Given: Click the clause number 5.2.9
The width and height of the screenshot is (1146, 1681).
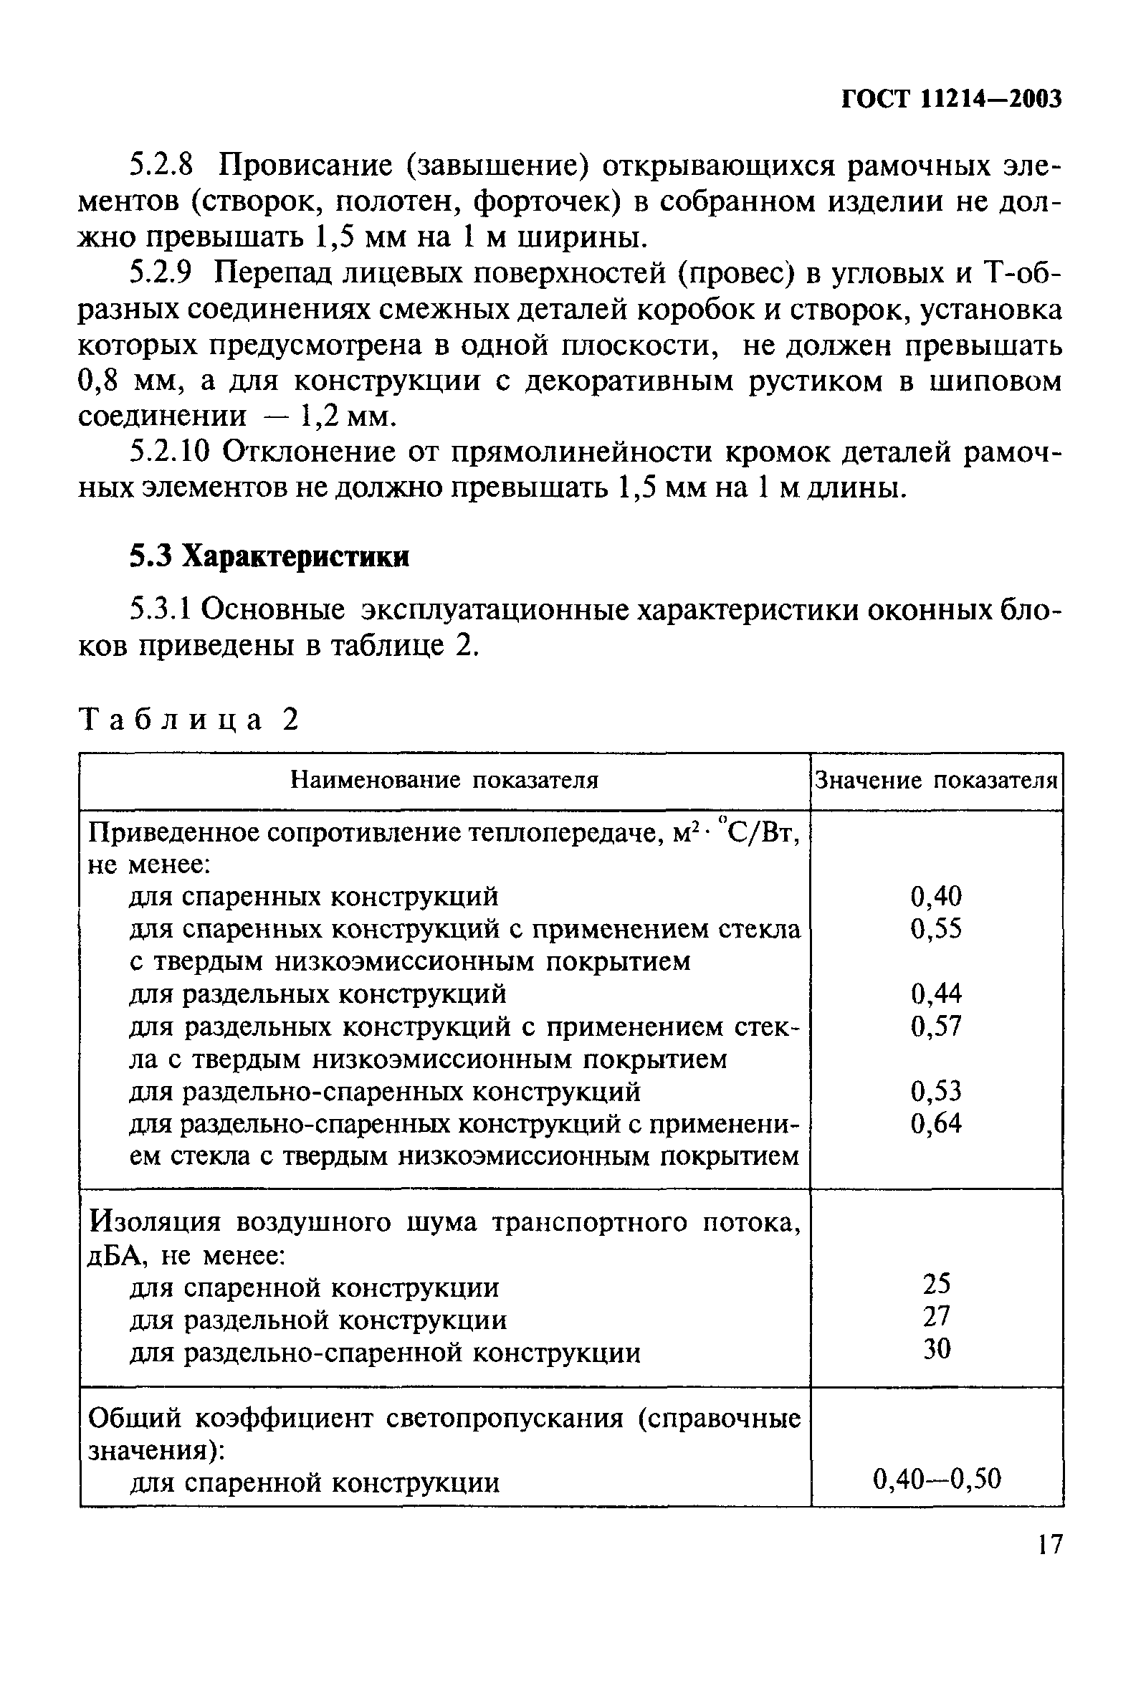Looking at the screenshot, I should pos(163,273).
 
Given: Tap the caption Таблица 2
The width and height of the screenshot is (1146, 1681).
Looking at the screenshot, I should pos(188,720).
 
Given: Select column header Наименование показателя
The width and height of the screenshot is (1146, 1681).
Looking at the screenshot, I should pos(444,781).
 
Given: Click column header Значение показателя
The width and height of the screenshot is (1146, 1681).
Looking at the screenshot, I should pos(936,781).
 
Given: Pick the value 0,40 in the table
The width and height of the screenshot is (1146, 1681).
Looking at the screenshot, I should pos(936,897).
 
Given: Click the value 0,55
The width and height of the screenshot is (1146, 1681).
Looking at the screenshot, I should pos(936,929).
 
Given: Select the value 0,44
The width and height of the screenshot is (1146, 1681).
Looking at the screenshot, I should pos(936,994).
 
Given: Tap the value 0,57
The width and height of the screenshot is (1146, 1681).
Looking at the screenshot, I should pos(936,1026).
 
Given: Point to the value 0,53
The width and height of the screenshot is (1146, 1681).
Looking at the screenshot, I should pos(936,1091).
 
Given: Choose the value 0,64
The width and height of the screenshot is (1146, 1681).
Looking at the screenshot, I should pos(936,1123).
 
